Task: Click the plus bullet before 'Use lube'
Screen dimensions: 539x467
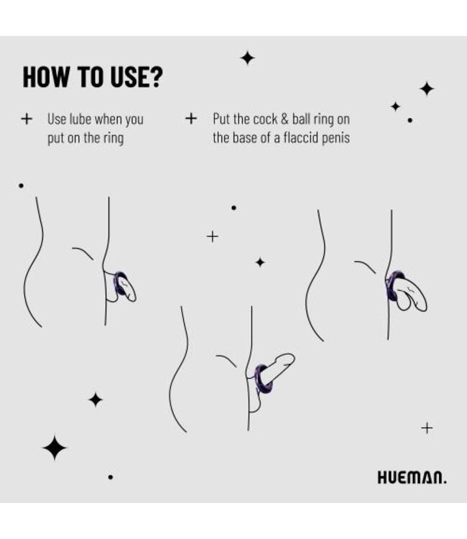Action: click(27, 119)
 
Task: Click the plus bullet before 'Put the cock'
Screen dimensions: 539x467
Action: click(191, 119)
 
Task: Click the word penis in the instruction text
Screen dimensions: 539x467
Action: click(335, 137)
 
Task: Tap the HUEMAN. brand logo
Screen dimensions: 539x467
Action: click(412, 478)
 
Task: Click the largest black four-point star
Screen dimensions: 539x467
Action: click(54, 448)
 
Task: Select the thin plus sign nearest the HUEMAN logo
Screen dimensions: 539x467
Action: click(427, 428)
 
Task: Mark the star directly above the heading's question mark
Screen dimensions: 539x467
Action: click(247, 58)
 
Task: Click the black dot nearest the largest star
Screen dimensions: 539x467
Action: click(110, 476)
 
